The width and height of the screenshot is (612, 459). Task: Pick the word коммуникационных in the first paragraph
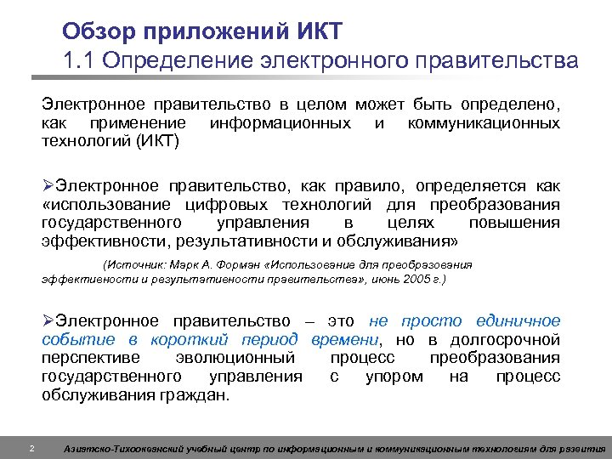point(484,124)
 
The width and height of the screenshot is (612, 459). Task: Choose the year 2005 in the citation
point(414,279)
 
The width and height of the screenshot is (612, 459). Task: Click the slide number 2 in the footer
point(31,448)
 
